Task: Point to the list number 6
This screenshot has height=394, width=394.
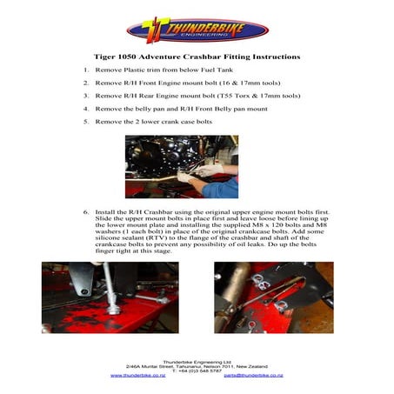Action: [85, 211]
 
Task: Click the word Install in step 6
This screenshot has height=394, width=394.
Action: [105, 211]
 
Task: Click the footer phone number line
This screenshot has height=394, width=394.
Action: [197, 370]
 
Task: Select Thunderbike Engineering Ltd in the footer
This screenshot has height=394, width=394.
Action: [197, 359]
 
